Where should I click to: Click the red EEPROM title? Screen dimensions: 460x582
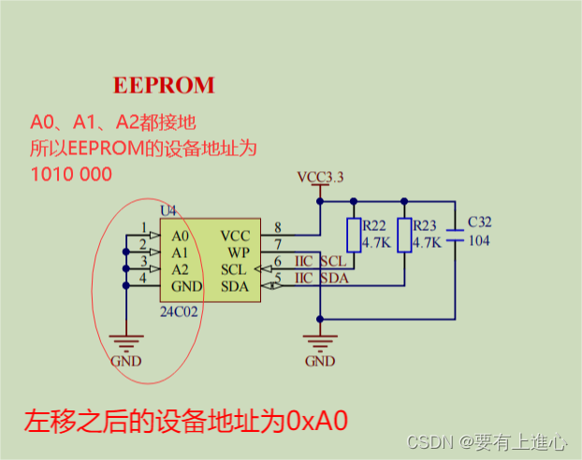(x=164, y=85)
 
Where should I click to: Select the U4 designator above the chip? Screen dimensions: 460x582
(x=168, y=212)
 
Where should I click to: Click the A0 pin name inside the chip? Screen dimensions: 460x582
(x=181, y=236)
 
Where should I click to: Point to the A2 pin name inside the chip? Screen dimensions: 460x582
(x=181, y=269)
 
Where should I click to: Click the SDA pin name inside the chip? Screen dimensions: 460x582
(x=235, y=286)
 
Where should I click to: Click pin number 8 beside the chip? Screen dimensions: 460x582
(x=278, y=227)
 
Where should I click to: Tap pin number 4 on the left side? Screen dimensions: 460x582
(x=142, y=278)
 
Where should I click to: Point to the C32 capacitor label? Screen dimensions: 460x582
(x=478, y=222)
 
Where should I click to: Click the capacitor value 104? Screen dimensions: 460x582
(x=478, y=240)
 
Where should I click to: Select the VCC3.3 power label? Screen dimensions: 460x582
(x=320, y=176)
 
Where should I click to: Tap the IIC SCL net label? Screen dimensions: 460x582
(x=320, y=261)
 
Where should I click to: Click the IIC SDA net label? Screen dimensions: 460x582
(x=320, y=279)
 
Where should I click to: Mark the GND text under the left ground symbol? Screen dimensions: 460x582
(x=125, y=361)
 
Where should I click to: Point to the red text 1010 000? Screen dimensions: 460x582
(x=72, y=174)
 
